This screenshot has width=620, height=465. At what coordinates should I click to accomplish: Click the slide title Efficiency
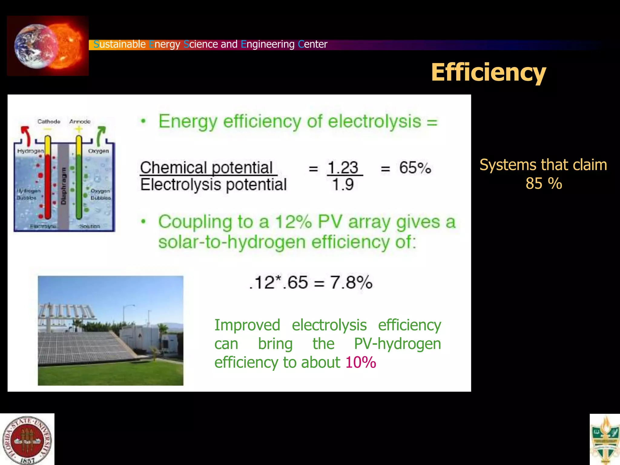click(488, 73)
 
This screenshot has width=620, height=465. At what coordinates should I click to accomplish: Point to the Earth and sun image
click(48, 46)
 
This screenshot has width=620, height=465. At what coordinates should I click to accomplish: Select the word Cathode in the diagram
click(49, 121)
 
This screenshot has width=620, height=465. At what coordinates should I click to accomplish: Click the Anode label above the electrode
click(80, 121)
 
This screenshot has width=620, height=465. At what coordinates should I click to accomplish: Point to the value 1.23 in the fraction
click(343, 168)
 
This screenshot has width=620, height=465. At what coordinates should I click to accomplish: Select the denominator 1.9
click(343, 184)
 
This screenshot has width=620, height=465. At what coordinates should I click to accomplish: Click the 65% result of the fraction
click(415, 168)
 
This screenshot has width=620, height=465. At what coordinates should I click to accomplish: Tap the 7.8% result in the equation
click(351, 282)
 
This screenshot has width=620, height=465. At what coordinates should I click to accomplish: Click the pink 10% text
click(361, 362)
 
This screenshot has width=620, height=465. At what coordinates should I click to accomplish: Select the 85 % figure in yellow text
click(544, 183)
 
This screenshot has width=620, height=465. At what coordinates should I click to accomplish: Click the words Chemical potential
click(206, 168)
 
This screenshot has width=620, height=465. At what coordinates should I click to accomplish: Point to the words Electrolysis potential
click(213, 184)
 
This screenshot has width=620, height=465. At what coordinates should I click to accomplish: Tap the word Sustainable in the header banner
click(120, 44)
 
